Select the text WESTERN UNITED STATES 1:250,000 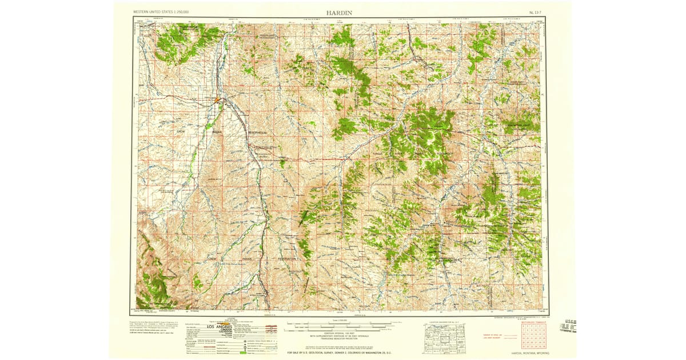coord(161,12)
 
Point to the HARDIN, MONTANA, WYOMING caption coord(527,353)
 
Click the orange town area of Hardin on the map coord(218,101)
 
